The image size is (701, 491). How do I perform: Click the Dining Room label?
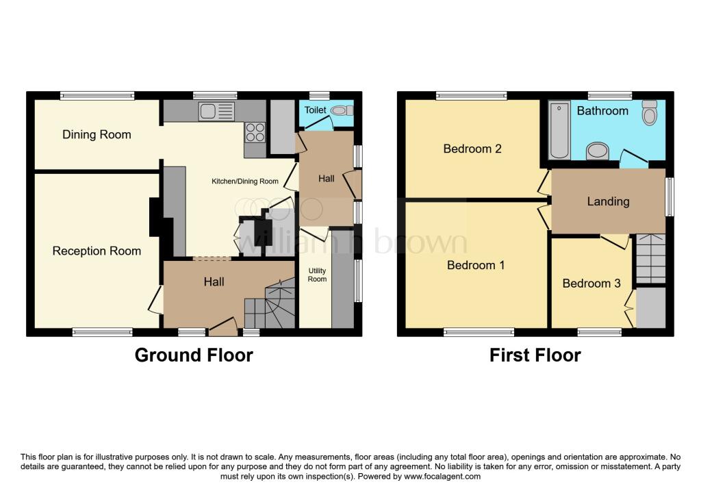(97, 135)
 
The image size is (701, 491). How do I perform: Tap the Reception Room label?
(97, 251)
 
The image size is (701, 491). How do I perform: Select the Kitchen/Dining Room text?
(245, 181)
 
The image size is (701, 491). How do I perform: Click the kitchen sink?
(216, 111)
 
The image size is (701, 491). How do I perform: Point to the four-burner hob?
(255, 132)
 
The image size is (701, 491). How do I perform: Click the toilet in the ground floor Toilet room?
(341, 110)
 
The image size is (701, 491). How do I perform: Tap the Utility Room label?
(317, 275)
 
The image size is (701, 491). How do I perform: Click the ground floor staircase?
(270, 303)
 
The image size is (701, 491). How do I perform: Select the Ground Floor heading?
(194, 355)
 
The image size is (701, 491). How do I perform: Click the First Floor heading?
(535, 355)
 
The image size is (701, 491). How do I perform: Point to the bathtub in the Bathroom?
(559, 129)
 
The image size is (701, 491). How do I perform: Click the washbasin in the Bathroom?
(597, 151)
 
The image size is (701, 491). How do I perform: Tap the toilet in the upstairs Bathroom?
(650, 112)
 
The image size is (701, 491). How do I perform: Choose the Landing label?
(608, 202)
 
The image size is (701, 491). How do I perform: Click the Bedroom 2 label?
(472, 149)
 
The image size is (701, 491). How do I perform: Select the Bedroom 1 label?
(476, 265)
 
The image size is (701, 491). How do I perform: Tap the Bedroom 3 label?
(591, 284)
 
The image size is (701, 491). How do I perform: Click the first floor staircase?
(650, 258)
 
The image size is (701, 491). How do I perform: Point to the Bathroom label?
(602, 111)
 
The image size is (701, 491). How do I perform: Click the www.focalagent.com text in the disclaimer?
(442, 477)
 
